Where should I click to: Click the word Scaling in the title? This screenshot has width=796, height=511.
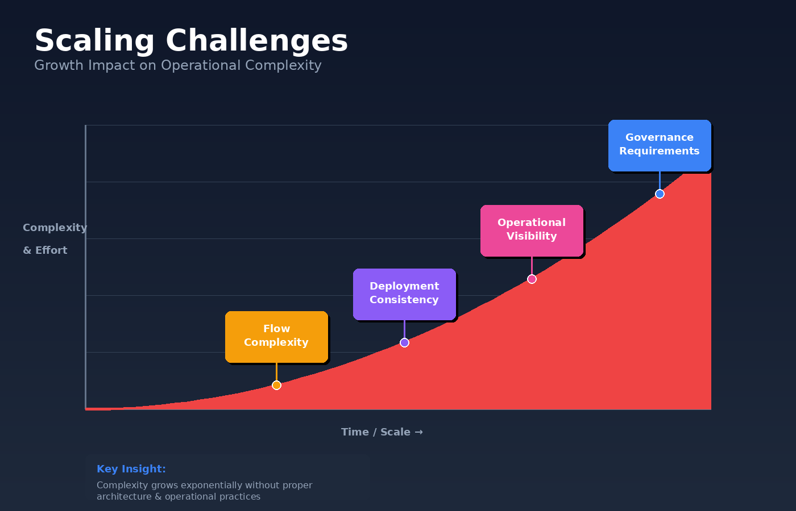(x=94, y=41)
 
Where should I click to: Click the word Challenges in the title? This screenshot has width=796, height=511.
(x=256, y=41)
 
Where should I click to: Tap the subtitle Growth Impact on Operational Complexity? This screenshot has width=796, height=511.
(x=177, y=65)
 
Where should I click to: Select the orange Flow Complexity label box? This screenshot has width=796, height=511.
(x=276, y=336)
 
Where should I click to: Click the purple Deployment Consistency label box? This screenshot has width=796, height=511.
(x=404, y=294)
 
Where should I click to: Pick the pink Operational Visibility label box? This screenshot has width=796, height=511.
(x=532, y=230)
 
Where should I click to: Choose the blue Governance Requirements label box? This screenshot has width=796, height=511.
(x=660, y=145)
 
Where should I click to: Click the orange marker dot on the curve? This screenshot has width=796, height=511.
(x=276, y=385)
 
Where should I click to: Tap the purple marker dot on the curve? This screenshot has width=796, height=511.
(x=404, y=342)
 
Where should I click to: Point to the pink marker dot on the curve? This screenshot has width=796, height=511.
(x=532, y=279)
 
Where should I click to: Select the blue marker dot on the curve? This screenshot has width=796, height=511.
(x=660, y=194)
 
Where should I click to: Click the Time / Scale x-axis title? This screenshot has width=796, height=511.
(x=375, y=432)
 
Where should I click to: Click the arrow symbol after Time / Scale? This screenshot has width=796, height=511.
(x=419, y=432)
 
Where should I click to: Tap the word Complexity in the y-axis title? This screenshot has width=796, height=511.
(x=55, y=228)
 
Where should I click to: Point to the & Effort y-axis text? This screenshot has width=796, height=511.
(x=45, y=250)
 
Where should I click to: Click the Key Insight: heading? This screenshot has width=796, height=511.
(x=131, y=469)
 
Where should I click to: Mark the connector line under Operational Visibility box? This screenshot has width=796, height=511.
(x=532, y=266)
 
